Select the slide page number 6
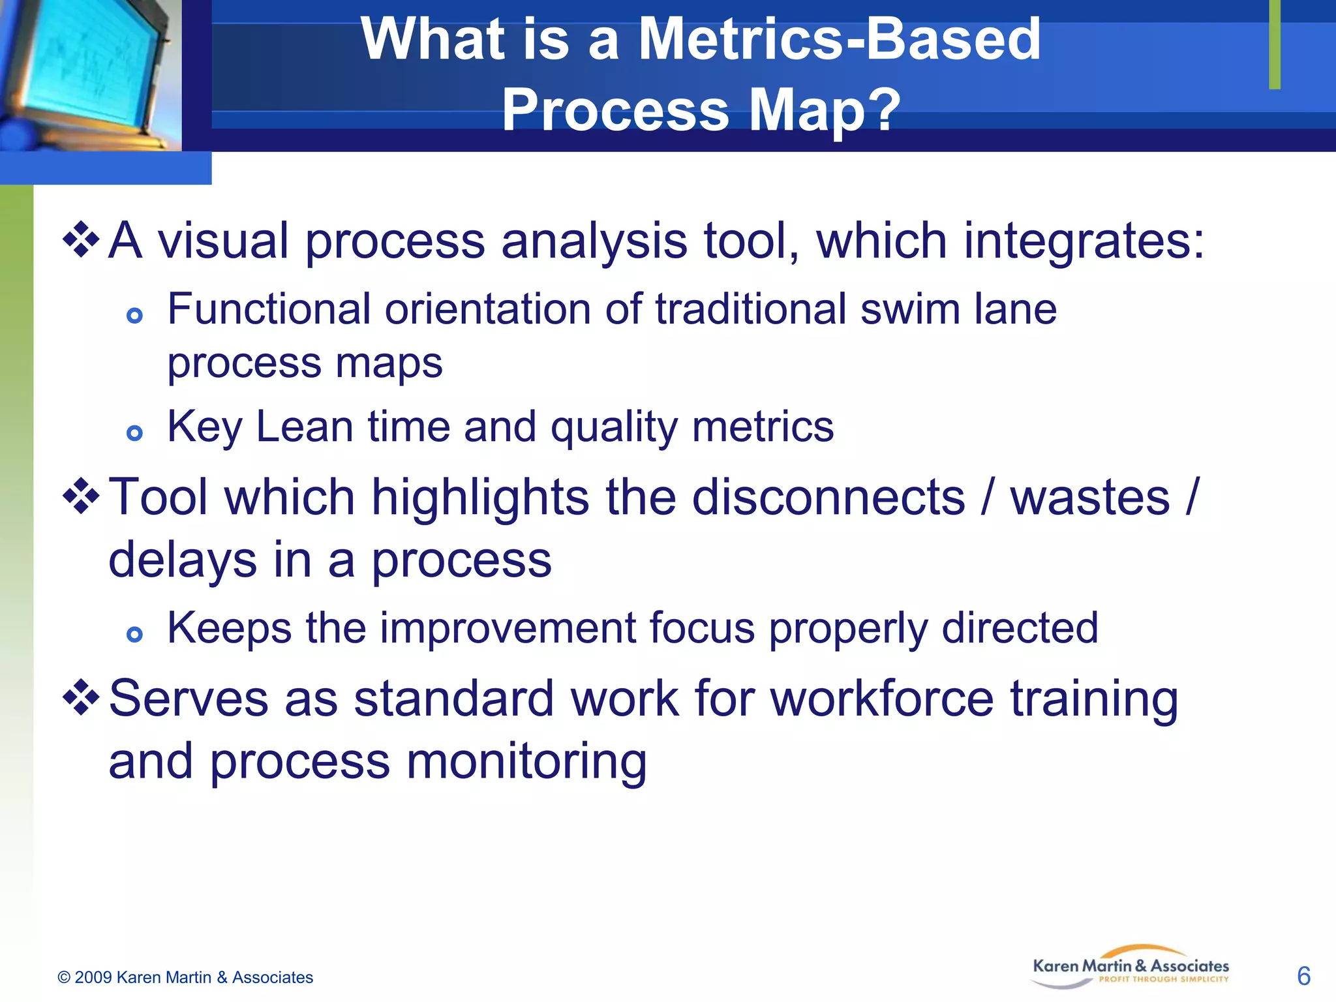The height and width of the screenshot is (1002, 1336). click(1303, 977)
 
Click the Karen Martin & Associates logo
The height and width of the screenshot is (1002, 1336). click(1131, 968)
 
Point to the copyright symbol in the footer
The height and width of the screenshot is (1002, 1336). click(64, 977)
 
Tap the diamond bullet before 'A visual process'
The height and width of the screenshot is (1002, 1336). click(80, 240)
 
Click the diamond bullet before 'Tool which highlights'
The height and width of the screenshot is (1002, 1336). click(80, 496)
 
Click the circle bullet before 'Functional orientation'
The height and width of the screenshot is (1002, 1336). click(134, 316)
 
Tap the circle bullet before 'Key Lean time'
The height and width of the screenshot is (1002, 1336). click(134, 433)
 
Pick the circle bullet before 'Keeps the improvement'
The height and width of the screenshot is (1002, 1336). click(134, 634)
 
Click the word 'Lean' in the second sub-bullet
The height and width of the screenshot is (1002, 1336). click(305, 427)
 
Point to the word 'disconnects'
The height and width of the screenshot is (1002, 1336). click(828, 497)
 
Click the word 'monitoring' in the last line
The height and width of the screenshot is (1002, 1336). click(526, 761)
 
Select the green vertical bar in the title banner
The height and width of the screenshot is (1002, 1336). click(1275, 44)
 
